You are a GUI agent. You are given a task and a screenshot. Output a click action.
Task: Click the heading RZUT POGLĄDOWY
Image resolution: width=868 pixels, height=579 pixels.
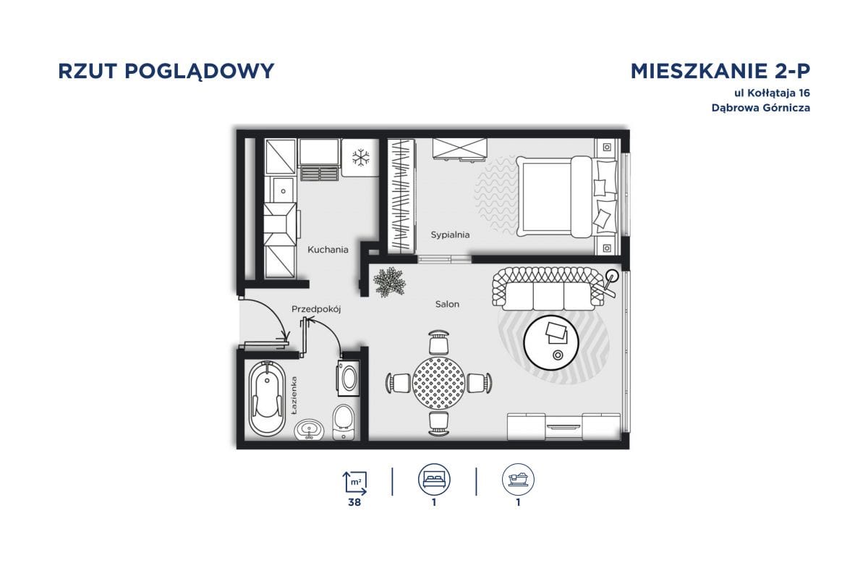point(166,71)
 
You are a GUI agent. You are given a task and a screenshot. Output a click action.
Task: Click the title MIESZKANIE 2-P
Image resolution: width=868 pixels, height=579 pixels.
point(720,71)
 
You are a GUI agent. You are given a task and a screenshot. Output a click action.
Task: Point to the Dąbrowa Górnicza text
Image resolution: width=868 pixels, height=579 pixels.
point(760,108)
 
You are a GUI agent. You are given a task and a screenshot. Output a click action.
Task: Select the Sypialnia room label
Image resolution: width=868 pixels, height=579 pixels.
point(450,234)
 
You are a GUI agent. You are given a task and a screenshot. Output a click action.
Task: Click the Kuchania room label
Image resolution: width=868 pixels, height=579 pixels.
point(328,250)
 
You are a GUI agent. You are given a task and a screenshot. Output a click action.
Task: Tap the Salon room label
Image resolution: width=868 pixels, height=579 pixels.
point(447,304)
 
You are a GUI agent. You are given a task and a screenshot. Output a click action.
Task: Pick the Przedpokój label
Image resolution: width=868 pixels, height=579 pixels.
point(316,309)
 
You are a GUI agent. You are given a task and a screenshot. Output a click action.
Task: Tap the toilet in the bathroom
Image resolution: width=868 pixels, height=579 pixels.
point(343,421)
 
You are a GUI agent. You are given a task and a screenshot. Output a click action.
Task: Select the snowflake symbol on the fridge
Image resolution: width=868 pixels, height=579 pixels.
point(361,157)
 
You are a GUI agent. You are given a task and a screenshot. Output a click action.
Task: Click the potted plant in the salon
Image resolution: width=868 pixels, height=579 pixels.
point(389,281)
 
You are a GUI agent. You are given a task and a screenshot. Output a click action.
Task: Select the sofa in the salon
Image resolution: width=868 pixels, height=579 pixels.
point(547,287)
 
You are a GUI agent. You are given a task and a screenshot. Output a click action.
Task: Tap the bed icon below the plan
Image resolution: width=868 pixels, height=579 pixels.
point(434,479)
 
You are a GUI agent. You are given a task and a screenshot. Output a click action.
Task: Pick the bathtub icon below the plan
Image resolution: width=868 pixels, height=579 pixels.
point(519,479)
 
